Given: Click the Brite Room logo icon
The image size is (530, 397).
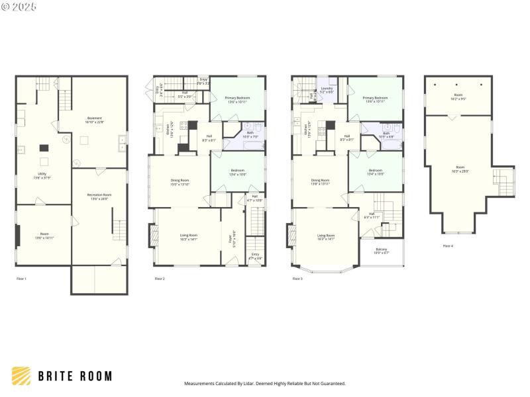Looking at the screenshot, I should tap(21, 376).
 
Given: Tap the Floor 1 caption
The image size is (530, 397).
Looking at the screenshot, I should tap(22, 279).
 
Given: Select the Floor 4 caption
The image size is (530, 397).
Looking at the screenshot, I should tap(448, 245).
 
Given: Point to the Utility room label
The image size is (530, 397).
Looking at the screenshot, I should tap(42, 177).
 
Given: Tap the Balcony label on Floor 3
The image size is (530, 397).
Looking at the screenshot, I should tap(382, 251).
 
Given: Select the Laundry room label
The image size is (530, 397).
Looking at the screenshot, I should tap(326, 89).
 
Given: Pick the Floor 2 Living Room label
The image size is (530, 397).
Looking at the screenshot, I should tap(189, 237).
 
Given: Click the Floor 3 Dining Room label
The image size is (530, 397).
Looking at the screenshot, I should tap(321, 181).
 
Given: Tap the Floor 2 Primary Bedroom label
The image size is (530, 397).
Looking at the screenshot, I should tap(237, 99).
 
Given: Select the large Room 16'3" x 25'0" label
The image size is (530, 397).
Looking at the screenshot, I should tap(458, 169).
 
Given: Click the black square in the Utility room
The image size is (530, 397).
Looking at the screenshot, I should tap(44, 148).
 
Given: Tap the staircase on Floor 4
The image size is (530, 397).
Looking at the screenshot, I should tap(502, 177).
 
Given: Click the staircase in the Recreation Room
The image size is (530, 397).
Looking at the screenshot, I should tap(119, 229).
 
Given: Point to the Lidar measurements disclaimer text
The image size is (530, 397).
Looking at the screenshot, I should tap(264, 383).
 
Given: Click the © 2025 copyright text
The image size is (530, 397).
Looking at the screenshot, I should tap(20, 7).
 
